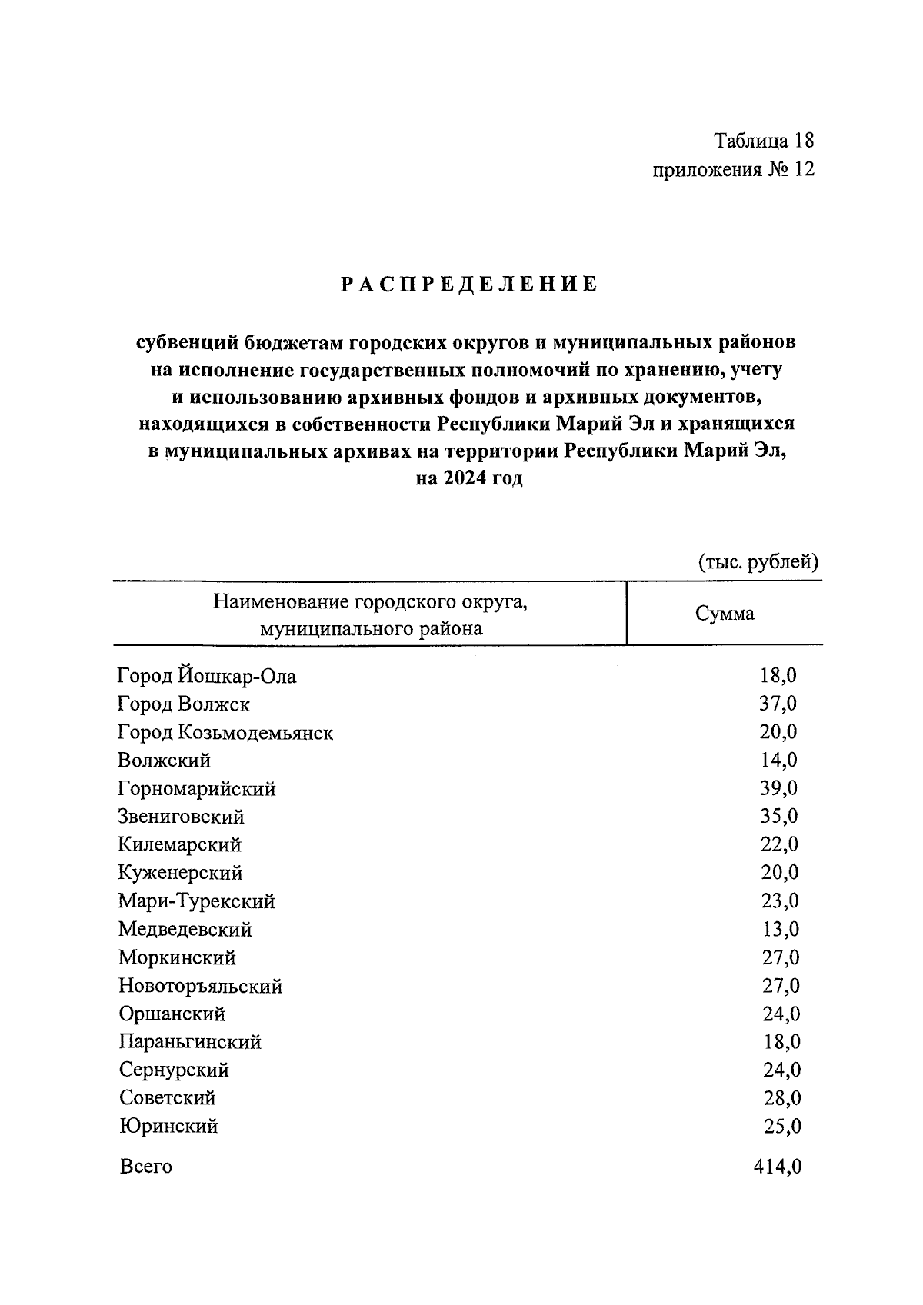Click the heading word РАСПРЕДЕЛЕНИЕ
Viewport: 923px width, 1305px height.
[469, 285]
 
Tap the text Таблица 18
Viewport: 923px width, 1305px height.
[763, 141]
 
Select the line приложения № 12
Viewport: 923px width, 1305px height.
[732, 169]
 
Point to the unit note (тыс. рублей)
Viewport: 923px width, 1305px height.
[758, 562]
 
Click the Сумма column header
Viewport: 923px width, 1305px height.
[725, 614]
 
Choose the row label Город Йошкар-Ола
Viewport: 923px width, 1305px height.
[206, 676]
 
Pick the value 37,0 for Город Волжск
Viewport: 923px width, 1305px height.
[778, 704]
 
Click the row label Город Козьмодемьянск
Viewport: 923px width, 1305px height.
[225, 732]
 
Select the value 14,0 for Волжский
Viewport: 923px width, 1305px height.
[778, 760]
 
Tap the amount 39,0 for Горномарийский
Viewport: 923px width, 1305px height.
[778, 788]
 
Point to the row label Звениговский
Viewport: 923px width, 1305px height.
[181, 816]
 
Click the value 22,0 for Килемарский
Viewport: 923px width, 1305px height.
[779, 844]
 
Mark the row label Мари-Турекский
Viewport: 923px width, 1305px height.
[196, 901]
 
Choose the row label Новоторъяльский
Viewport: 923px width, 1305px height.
[200, 986]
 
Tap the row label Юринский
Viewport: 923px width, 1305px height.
[168, 1126]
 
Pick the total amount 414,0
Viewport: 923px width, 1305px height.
[777, 1167]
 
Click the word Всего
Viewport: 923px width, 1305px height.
[145, 1167]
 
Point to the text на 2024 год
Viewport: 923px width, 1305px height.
[468, 478]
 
